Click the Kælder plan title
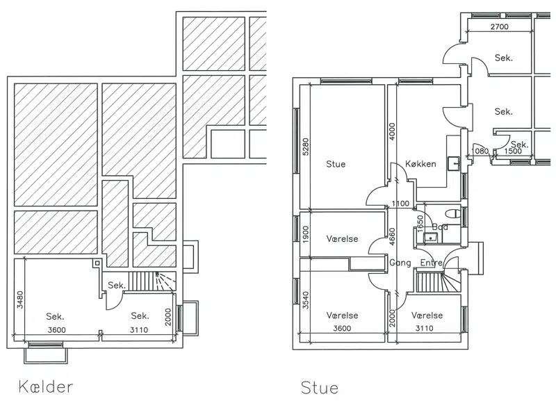(x=46, y=386)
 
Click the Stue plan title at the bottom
(x=320, y=388)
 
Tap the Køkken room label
(x=420, y=164)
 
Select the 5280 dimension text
(x=306, y=147)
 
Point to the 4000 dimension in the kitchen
(x=392, y=131)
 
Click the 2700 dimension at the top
(x=499, y=26)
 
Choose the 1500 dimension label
(x=513, y=151)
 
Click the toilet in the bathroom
(x=452, y=213)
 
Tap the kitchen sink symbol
(x=454, y=163)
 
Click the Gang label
(x=400, y=263)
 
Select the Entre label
(x=431, y=263)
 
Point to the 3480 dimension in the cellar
(x=20, y=300)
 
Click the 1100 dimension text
(x=400, y=204)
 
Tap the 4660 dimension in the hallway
(x=392, y=236)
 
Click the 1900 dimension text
(x=306, y=234)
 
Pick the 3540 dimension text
(x=306, y=300)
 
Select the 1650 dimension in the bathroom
(x=420, y=223)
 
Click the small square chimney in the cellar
(x=97, y=263)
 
